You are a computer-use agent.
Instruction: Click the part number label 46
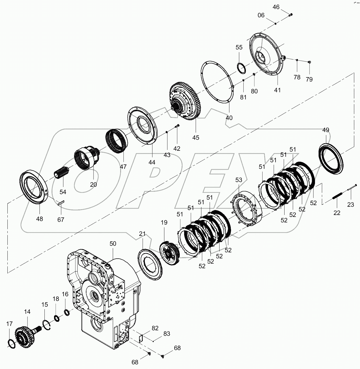click(276, 7)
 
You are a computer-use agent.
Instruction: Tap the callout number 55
click(239, 47)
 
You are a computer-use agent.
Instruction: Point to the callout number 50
click(113, 244)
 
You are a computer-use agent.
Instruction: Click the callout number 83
click(167, 334)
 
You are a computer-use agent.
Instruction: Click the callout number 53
click(239, 180)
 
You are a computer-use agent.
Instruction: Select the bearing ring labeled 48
click(34, 187)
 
